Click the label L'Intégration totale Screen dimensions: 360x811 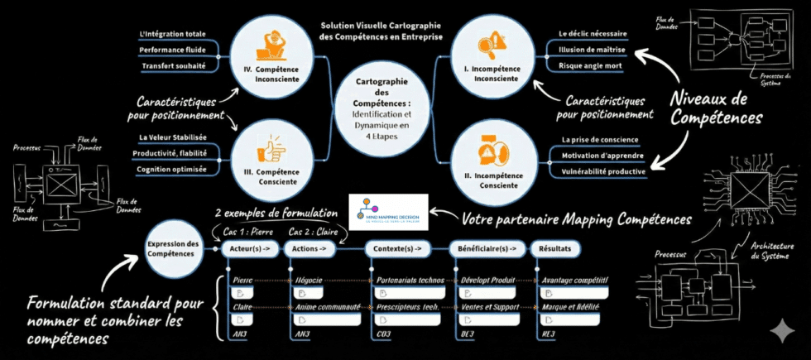click(173, 34)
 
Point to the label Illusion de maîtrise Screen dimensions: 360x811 click(592, 50)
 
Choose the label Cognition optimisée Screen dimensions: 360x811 click(174, 170)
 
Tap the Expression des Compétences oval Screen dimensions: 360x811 click(173, 248)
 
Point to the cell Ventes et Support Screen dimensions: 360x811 click(489, 307)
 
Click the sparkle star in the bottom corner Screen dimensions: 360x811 click(781, 331)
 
